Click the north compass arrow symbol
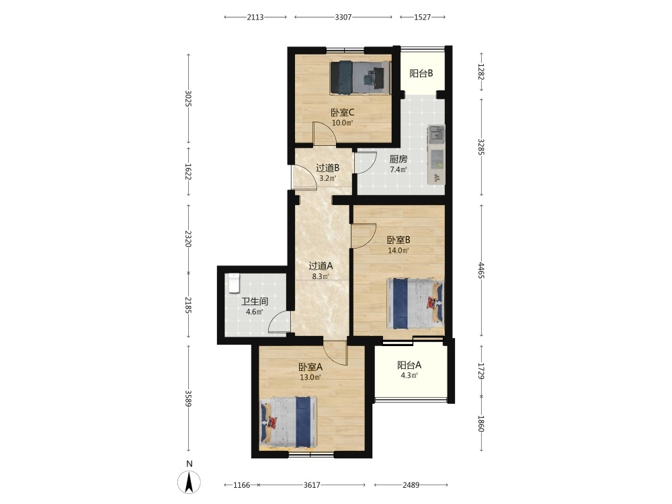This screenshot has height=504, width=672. (189, 482)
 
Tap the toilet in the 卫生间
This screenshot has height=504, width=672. (234, 283)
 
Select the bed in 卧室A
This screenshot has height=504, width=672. (288, 422)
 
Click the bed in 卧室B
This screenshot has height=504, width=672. (415, 304)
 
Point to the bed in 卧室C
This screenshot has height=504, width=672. (360, 77)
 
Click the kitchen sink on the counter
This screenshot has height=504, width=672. (437, 134)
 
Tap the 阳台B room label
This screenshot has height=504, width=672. (421, 73)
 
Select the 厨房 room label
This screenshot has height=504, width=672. (398, 159)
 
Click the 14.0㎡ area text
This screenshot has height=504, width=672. (398, 250)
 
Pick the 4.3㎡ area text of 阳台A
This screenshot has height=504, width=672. (409, 376)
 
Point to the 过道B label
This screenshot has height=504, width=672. (327, 168)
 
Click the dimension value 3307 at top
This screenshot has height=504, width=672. (343, 17)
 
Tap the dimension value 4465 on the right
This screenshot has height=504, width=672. (481, 270)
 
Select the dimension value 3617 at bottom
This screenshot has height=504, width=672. (312, 485)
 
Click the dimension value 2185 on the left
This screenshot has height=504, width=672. (188, 304)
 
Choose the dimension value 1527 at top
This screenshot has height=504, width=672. (422, 17)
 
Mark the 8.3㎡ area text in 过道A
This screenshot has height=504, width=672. (320, 276)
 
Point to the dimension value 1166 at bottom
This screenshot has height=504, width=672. (241, 485)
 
